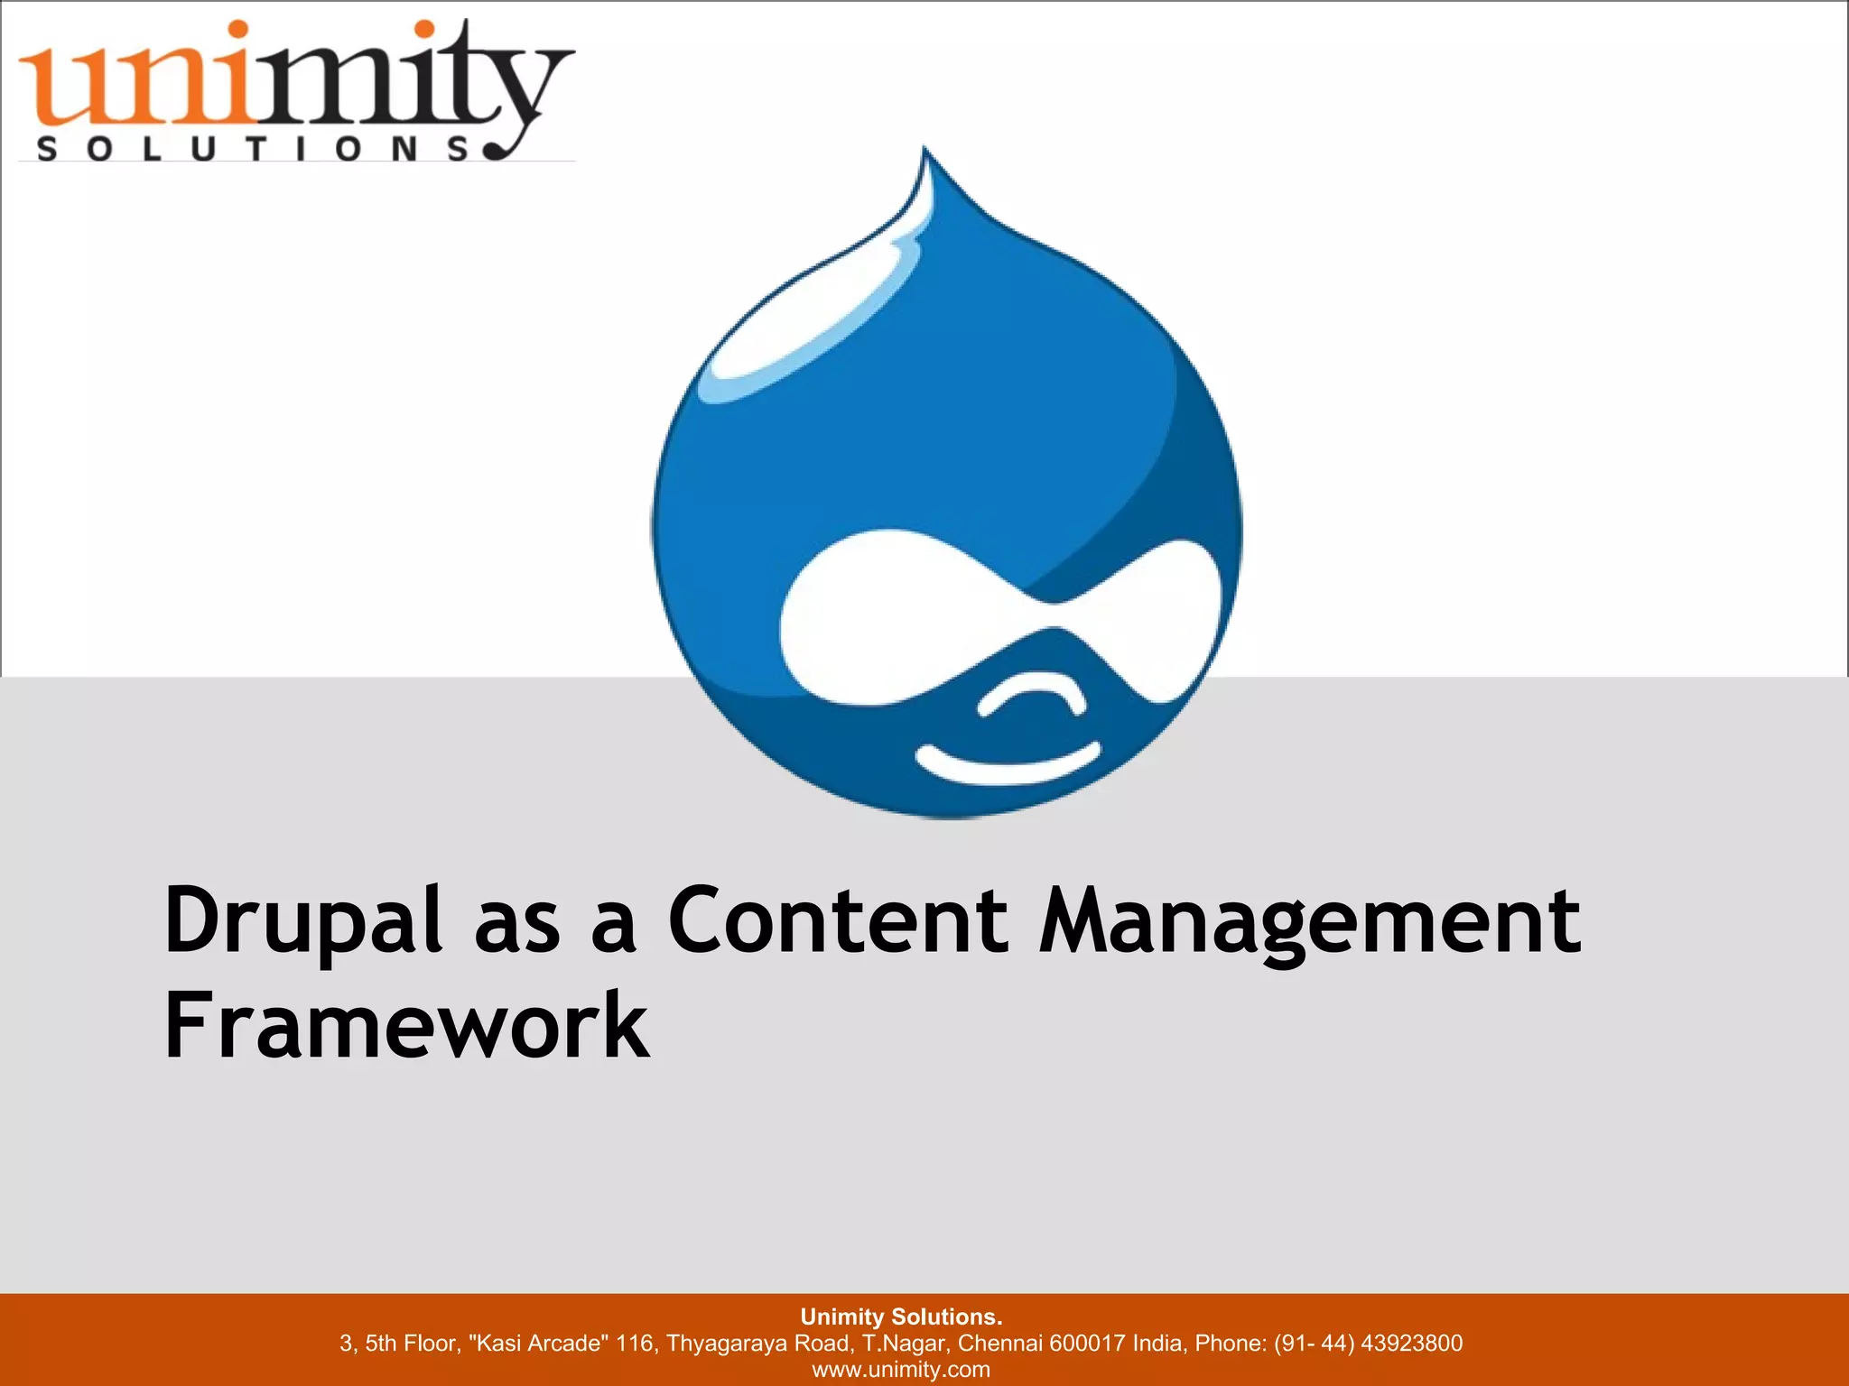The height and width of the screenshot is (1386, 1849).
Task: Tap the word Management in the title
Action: point(1309,922)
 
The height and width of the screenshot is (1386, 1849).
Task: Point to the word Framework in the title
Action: point(406,1025)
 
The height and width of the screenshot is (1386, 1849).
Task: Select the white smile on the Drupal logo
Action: point(1008,763)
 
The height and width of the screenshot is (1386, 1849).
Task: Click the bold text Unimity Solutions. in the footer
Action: point(901,1317)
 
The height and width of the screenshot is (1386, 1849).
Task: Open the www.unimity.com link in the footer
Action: point(901,1369)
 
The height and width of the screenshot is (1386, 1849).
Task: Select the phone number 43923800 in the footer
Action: point(1411,1343)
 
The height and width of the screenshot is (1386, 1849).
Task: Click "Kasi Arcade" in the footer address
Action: point(538,1343)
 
